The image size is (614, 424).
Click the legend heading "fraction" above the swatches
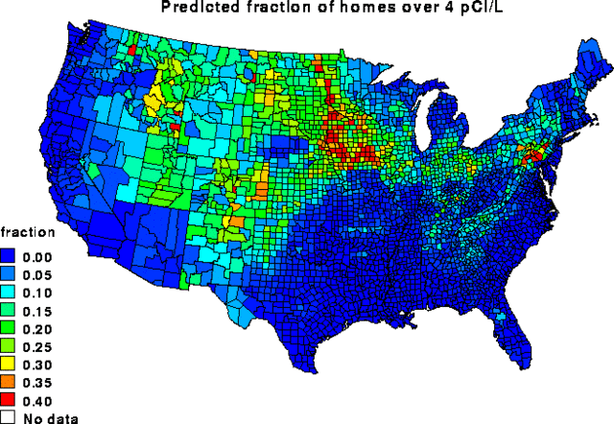coord(27,233)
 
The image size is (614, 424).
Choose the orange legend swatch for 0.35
coord(10,383)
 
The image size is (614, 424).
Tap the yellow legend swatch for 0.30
coord(10,365)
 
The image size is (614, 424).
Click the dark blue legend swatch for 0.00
coord(10,257)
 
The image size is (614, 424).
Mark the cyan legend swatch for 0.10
coord(10,293)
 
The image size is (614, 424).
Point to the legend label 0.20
coord(37,329)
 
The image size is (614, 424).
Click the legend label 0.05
coord(37,275)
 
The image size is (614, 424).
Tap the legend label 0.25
coord(37,347)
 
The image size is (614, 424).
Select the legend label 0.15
coord(37,311)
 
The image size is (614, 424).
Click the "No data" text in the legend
coord(51,418)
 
